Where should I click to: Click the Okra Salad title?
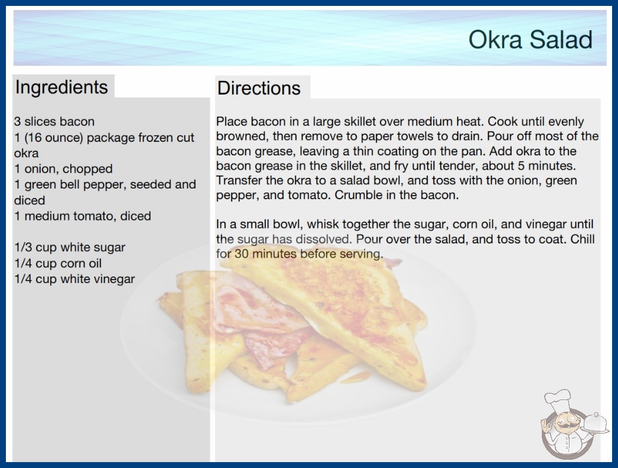531,40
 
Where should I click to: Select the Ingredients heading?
61,87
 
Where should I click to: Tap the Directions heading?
259,88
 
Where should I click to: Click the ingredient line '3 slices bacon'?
54,122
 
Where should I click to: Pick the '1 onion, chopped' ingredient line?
63,169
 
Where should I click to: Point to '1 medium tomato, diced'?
83,216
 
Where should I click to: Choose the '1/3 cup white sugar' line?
70,248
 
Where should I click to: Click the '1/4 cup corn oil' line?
58,264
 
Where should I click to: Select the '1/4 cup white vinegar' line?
74,279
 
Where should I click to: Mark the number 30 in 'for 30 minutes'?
242,254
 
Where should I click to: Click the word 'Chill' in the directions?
583,239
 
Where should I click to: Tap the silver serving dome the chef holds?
596,422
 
